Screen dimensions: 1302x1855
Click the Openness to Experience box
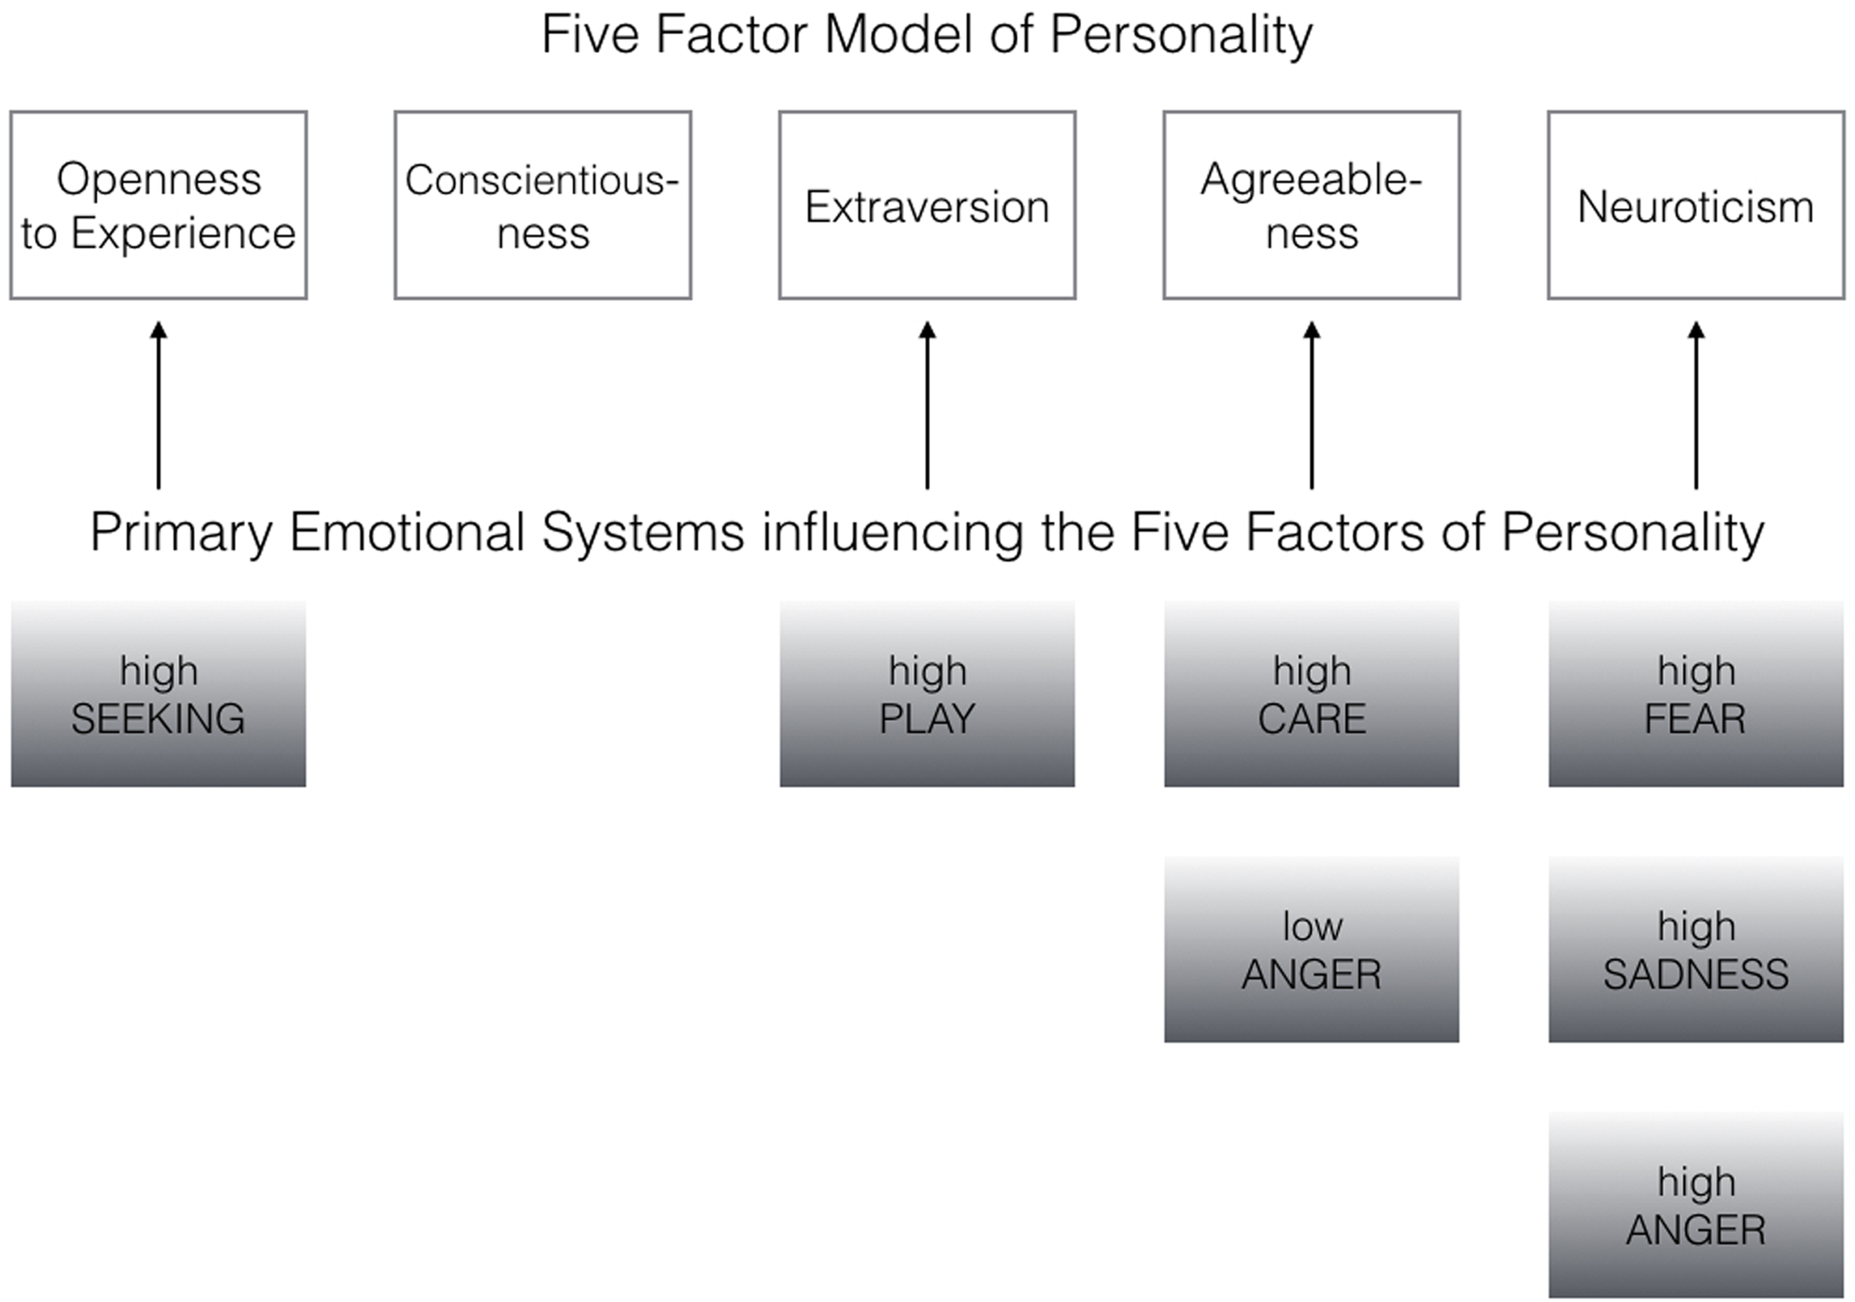[x=159, y=206]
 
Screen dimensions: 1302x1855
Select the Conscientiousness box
[x=542, y=206]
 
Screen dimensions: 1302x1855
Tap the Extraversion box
[x=927, y=206]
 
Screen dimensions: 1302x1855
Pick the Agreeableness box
[x=1311, y=206]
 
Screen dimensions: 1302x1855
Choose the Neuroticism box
[x=1696, y=206]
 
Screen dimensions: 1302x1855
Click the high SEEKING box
[x=159, y=694]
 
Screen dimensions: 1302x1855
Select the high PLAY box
[x=927, y=694]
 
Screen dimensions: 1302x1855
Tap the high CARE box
[x=1311, y=694]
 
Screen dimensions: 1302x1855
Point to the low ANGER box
[x=1311, y=949]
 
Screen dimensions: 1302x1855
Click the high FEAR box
[x=1696, y=694]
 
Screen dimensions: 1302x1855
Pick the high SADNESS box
[x=1696, y=949]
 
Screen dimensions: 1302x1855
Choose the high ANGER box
[x=1696, y=1205]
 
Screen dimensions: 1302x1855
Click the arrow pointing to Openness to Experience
[x=159, y=405]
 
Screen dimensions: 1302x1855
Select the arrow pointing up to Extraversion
[x=927, y=405]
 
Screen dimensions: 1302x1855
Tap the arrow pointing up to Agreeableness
[x=1312, y=405]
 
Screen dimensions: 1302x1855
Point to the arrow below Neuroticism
[x=1696, y=405]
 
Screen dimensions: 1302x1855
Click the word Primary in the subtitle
[x=181, y=534]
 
